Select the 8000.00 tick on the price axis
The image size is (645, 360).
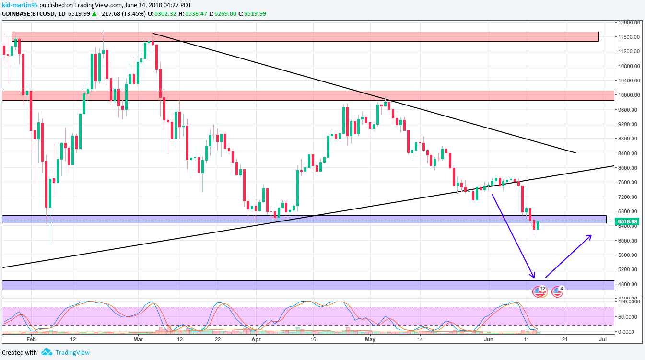(628, 168)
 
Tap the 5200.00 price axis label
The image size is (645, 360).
(628, 269)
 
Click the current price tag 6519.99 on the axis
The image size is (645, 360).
(627, 221)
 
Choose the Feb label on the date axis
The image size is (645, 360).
(31, 339)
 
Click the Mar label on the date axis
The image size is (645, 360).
(138, 339)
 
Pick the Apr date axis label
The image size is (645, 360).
(256, 339)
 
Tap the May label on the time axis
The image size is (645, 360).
(370, 339)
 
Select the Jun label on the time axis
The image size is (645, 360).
(488, 339)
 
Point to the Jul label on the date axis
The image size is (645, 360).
(603, 339)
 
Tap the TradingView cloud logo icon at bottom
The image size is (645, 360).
(47, 352)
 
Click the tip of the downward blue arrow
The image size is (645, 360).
(533, 277)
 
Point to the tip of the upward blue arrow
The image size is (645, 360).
(591, 235)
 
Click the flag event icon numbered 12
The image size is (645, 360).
(540, 291)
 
